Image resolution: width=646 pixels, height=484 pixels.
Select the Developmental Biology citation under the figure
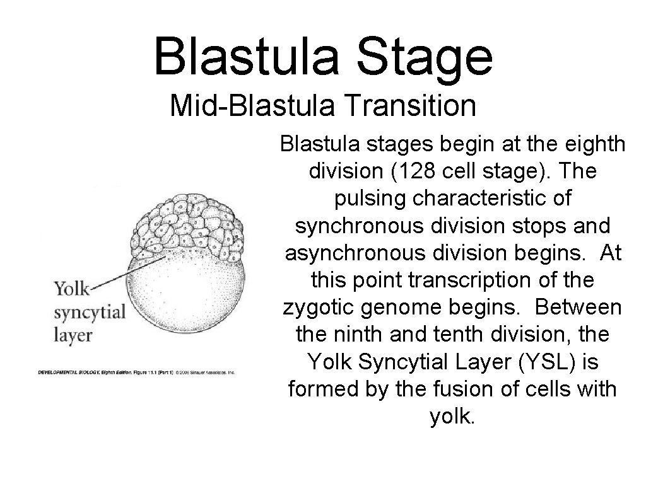click(x=135, y=372)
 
